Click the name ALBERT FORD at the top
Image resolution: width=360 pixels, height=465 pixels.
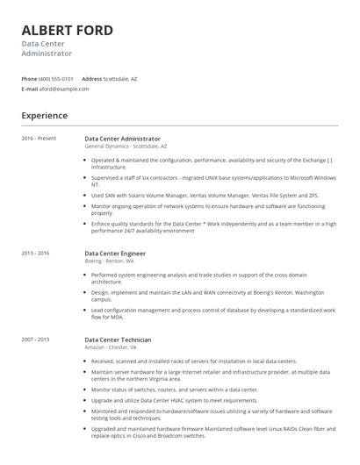68,31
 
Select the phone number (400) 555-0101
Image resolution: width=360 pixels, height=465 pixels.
56,79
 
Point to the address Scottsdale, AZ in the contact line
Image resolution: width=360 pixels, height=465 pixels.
120,79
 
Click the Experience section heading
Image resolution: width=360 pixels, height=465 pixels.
45,116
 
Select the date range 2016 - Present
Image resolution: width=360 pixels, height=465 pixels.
39,139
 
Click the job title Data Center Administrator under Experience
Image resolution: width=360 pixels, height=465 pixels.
122,139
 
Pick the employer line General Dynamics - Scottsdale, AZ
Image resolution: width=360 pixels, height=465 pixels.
126,146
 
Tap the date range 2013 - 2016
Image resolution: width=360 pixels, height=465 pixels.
36,253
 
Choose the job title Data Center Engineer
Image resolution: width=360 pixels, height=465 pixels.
115,253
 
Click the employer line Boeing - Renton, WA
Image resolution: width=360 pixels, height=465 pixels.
110,261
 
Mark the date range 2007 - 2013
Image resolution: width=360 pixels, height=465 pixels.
36,339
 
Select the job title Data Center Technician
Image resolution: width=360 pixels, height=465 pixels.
118,339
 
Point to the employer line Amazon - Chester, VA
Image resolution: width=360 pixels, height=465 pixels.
111,347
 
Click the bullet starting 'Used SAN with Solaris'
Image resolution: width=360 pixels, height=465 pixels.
205,196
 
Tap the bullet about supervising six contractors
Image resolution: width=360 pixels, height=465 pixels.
211,181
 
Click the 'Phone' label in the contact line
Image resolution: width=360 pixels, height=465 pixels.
29,79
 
